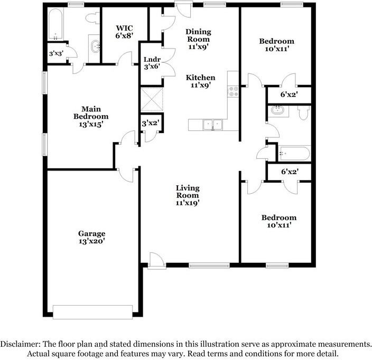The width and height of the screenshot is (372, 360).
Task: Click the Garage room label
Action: [92, 237]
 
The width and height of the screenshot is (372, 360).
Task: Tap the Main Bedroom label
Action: [91, 116]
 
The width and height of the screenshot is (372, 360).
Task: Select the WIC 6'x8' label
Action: [124, 32]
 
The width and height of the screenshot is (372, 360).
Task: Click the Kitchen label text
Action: [200, 78]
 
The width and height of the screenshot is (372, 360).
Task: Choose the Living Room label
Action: [188, 192]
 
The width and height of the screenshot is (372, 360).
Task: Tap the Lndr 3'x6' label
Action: [152, 63]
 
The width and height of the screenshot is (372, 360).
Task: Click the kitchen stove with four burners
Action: [233, 91]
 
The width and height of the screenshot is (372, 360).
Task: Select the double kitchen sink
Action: [212, 125]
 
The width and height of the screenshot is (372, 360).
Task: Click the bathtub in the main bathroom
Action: [56, 24]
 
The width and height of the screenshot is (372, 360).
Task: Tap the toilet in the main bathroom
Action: [92, 18]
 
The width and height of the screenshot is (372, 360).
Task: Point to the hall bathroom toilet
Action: [304, 112]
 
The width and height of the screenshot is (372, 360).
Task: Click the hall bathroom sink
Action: [278, 110]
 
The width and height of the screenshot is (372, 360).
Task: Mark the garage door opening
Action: [92, 312]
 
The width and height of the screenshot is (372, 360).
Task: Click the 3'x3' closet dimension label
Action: [56, 53]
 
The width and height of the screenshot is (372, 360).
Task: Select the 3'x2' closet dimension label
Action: [151, 123]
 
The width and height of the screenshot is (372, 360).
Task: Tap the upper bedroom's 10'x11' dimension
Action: [277, 49]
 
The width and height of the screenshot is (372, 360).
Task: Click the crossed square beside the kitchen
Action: [152, 99]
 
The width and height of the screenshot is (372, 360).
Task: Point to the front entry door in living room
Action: [156, 261]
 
